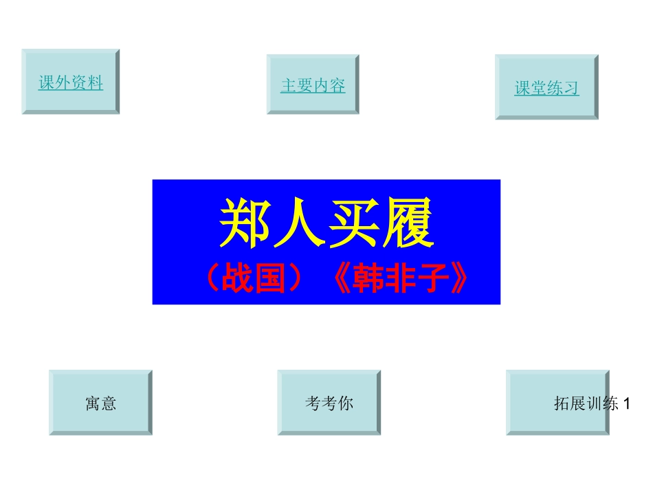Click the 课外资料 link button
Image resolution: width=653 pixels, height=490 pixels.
(70, 82)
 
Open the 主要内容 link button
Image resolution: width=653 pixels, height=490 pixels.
(313, 85)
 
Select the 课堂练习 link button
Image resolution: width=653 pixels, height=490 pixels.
(546, 88)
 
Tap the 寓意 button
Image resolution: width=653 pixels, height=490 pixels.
(100, 403)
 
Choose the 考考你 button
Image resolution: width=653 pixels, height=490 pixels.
(329, 403)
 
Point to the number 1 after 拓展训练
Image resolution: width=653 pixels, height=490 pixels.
(626, 403)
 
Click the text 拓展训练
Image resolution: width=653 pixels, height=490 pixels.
(586, 403)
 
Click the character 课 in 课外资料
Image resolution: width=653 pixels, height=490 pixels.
(47, 82)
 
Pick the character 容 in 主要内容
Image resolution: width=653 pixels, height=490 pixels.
(337, 85)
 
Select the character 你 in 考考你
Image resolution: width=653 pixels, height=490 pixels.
(346, 403)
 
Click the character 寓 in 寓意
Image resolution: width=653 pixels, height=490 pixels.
(93, 403)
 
